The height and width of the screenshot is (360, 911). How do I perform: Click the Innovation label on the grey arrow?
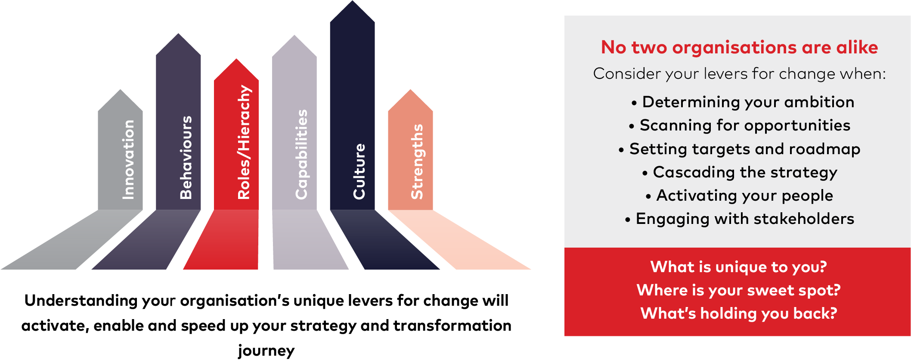[x=128, y=159]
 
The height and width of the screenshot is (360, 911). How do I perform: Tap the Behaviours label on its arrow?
[x=186, y=157]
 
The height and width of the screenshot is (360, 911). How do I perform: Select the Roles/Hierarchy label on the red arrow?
[x=244, y=142]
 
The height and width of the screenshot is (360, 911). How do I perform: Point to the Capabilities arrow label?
[x=301, y=154]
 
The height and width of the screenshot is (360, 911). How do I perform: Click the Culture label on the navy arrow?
[x=359, y=171]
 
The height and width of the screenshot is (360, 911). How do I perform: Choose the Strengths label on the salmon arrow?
[x=417, y=161]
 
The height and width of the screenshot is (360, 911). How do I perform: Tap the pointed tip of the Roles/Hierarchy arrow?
[x=236, y=60]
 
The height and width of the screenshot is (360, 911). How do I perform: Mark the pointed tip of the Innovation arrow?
[x=121, y=91]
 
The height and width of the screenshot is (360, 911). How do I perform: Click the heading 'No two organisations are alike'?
[x=739, y=47]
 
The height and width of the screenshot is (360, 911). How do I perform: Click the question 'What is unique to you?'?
[x=738, y=267]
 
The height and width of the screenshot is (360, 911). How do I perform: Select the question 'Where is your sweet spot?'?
[x=738, y=290]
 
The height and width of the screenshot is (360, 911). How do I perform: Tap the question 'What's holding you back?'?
[x=738, y=313]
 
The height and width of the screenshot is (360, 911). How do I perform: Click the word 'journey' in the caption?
[x=266, y=351]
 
